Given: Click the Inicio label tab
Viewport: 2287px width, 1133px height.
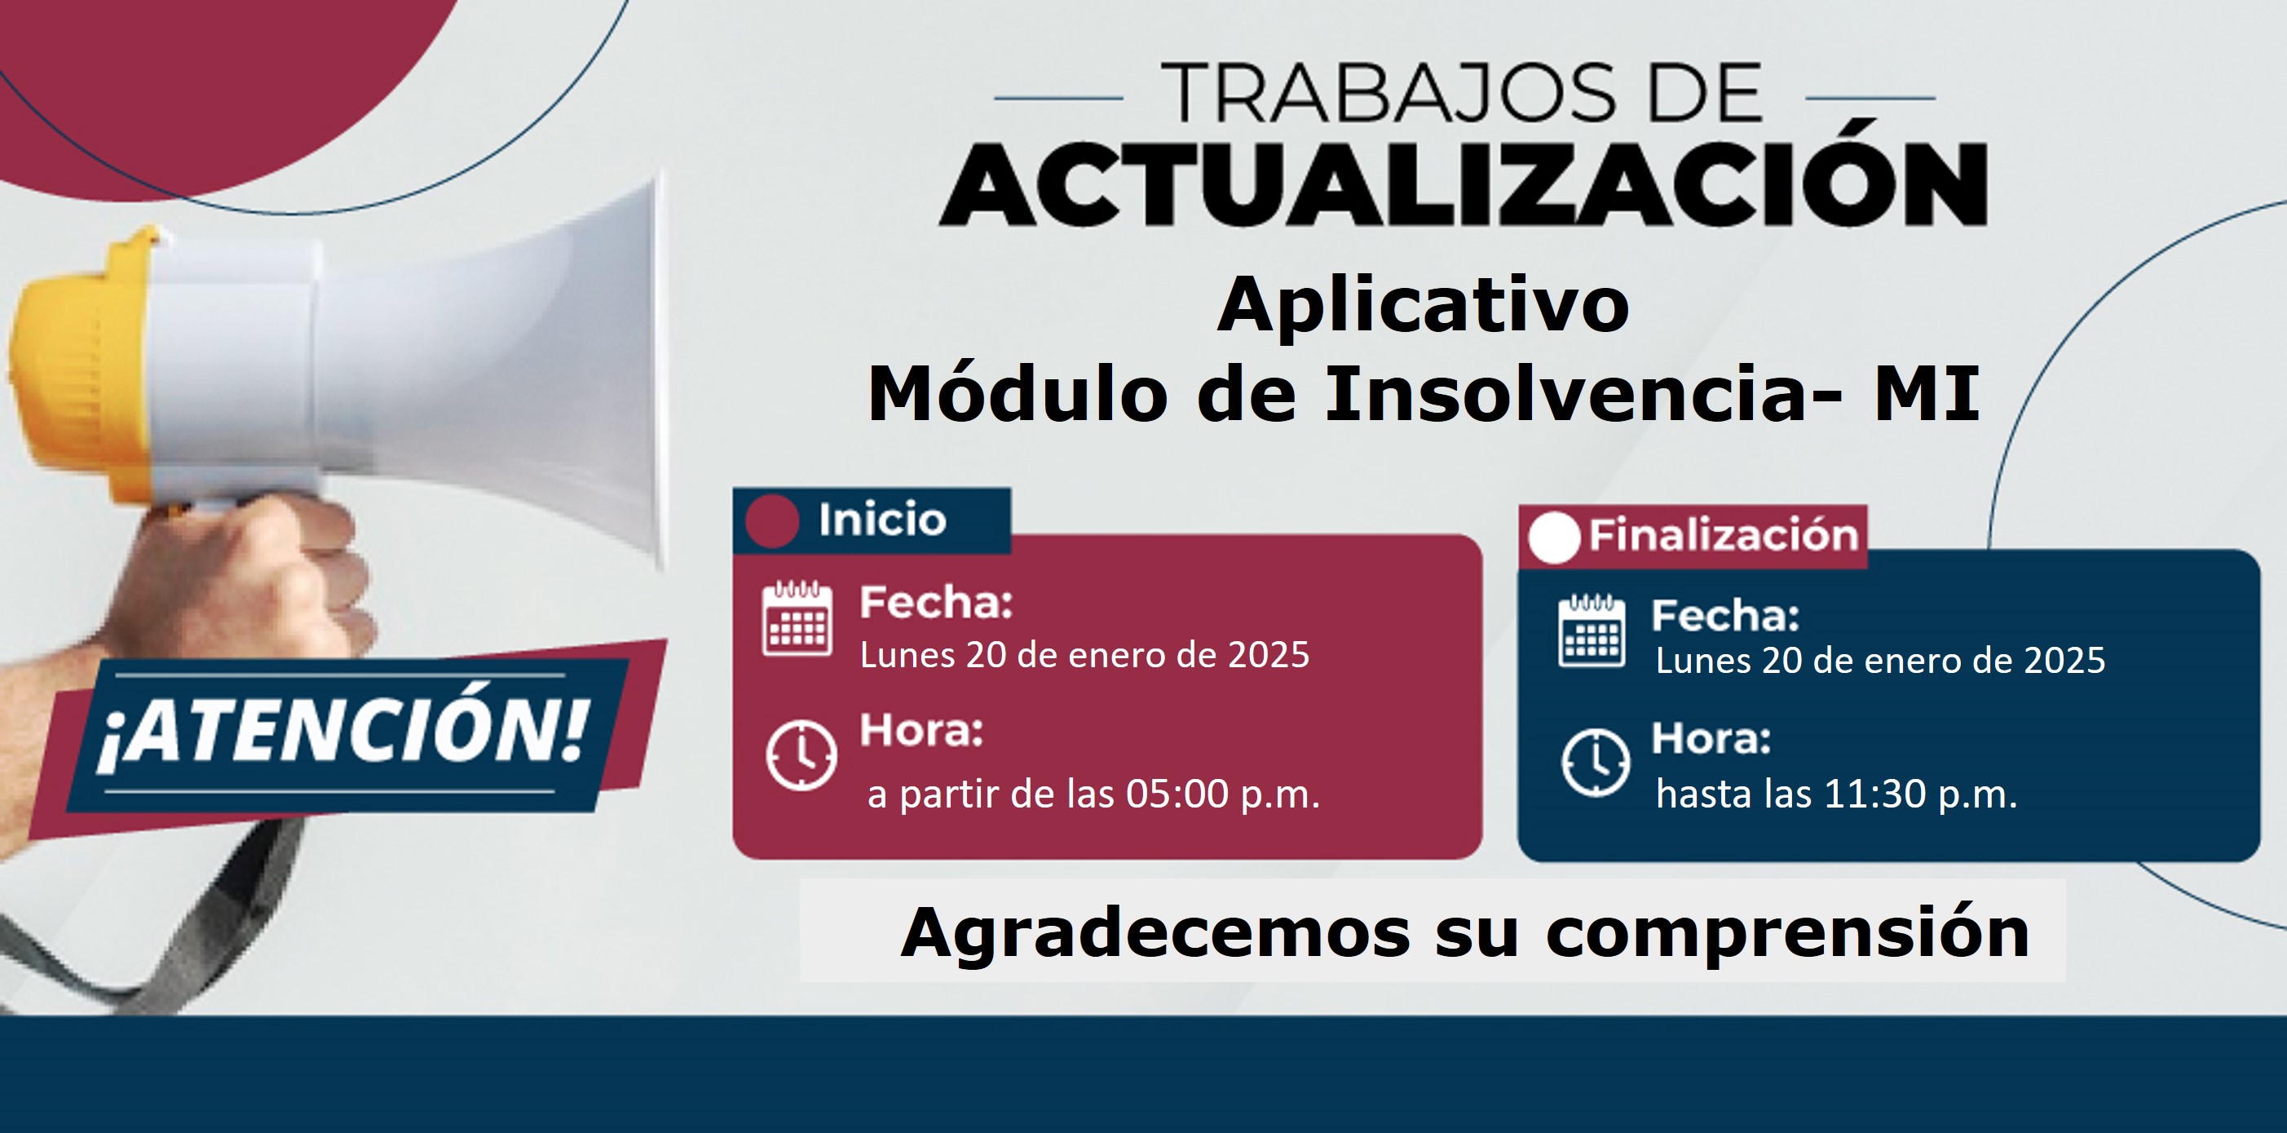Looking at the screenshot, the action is (872, 520).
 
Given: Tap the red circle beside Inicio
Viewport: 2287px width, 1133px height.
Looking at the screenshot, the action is (772, 520).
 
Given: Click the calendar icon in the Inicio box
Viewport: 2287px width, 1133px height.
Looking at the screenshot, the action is (797, 619).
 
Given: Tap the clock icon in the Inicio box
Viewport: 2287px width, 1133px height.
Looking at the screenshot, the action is (801, 755).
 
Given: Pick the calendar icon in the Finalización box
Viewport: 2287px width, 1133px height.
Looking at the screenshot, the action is (1592, 631).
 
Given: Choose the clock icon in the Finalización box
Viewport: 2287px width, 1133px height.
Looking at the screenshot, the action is (1596, 763).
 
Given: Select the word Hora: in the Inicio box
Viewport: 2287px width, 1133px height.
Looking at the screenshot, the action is (921, 732).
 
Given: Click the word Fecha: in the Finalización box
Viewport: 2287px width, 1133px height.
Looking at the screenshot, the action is (1725, 615).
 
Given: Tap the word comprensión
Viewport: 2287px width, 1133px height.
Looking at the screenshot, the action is (1788, 934).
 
